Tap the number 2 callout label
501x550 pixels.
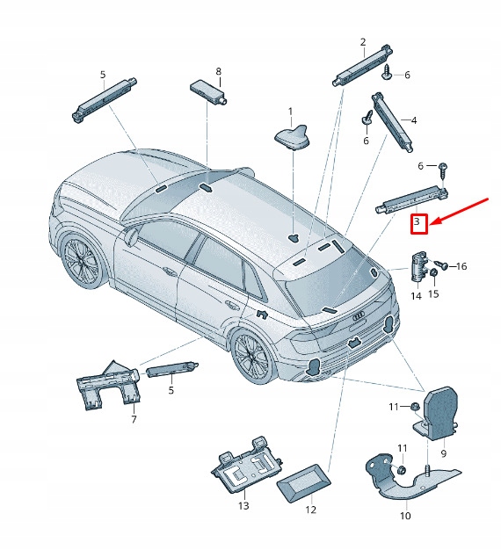(x=362, y=42)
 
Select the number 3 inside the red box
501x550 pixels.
(x=419, y=224)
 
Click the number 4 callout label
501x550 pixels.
(x=414, y=119)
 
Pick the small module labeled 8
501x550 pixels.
(x=207, y=90)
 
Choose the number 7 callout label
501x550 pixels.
(x=134, y=420)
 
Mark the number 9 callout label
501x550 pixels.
(x=443, y=454)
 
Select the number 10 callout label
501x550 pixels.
(x=405, y=516)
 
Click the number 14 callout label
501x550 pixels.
(x=416, y=296)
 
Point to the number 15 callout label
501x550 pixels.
(x=433, y=293)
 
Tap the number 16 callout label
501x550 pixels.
(x=462, y=266)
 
